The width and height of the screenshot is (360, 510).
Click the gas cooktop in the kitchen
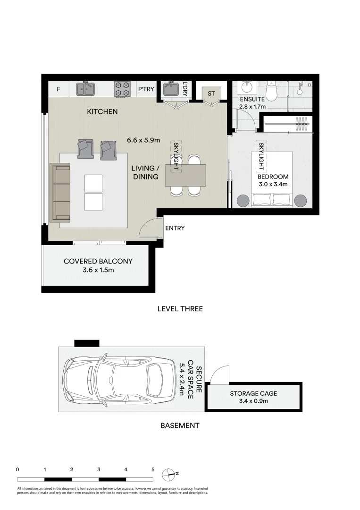(122, 89)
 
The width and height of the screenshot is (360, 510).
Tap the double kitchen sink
(85, 89)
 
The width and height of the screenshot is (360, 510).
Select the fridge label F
(59, 89)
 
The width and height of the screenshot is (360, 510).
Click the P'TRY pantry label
(146, 89)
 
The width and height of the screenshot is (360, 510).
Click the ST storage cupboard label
(211, 93)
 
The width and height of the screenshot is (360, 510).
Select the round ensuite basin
(246, 87)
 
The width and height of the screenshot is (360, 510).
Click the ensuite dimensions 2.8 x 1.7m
(252, 106)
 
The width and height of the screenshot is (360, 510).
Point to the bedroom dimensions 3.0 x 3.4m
(273, 184)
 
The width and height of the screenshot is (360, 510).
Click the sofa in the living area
(60, 193)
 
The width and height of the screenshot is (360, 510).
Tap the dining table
(185, 175)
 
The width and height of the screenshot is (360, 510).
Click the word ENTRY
(175, 228)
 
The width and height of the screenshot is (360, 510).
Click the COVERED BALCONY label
(98, 261)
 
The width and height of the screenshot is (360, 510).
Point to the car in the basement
(119, 380)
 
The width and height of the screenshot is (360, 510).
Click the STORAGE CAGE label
(253, 393)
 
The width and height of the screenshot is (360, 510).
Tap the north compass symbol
(169, 475)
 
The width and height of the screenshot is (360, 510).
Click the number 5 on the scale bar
(153, 469)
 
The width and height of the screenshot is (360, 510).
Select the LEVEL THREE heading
(180, 309)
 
